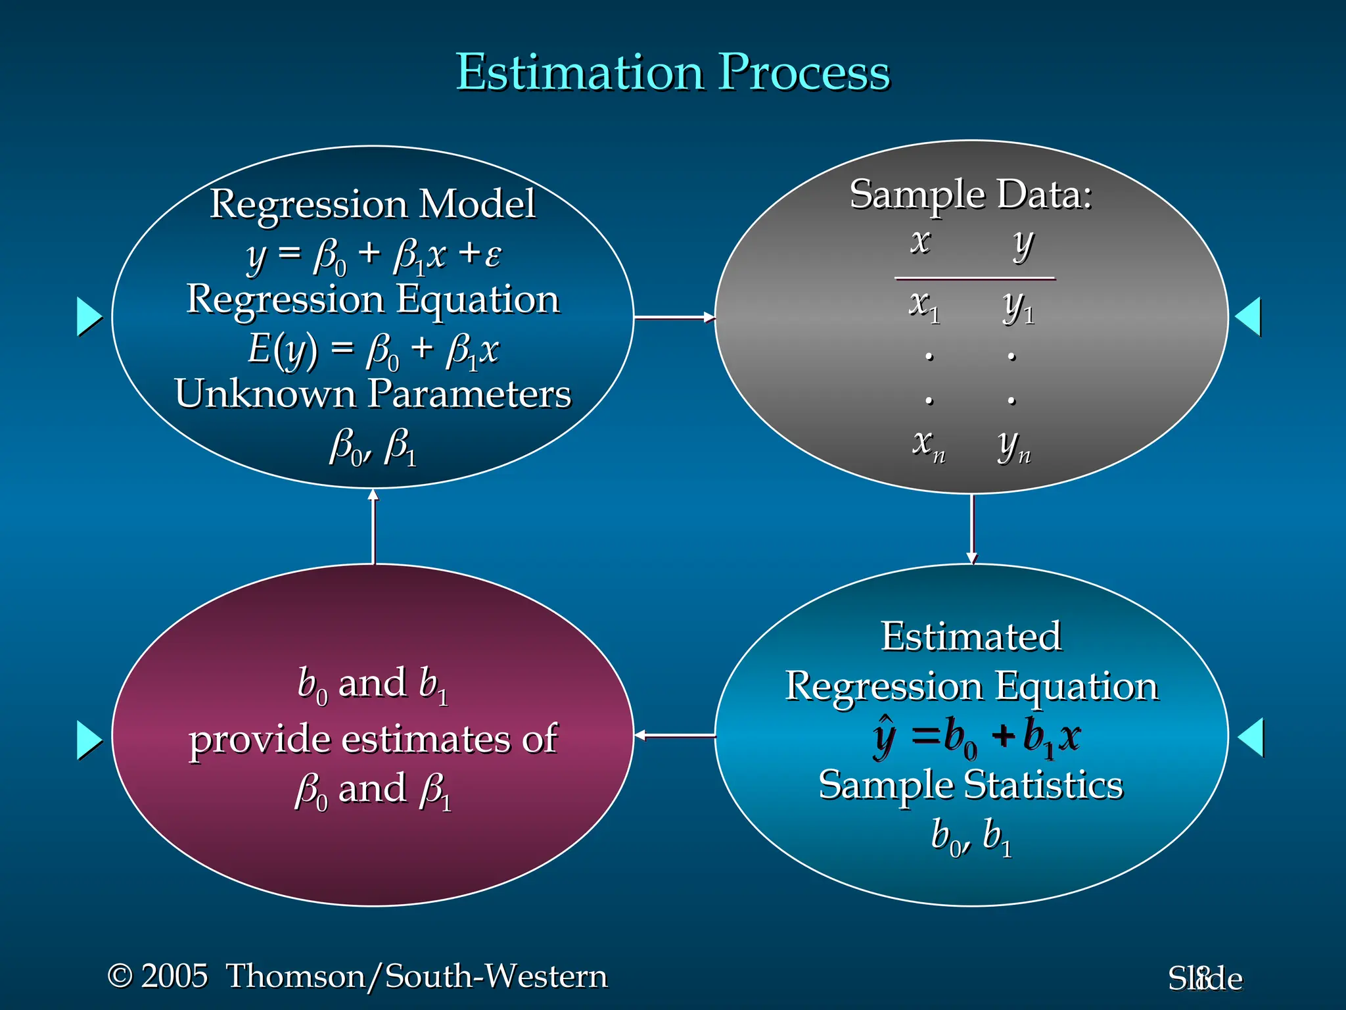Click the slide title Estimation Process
672,72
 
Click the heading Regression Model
373,204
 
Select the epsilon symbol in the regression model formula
493,255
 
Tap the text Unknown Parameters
373,394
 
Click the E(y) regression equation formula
373,350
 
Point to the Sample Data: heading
971,195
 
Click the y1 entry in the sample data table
1018,306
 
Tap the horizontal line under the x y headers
975,279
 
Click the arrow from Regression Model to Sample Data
674,318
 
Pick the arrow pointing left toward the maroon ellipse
674,735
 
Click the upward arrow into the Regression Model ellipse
373,526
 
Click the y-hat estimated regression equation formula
976,736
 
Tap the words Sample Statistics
971,785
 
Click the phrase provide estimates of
373,739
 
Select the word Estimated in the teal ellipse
971,637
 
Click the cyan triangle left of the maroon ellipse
89,740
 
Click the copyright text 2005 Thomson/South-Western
358,976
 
